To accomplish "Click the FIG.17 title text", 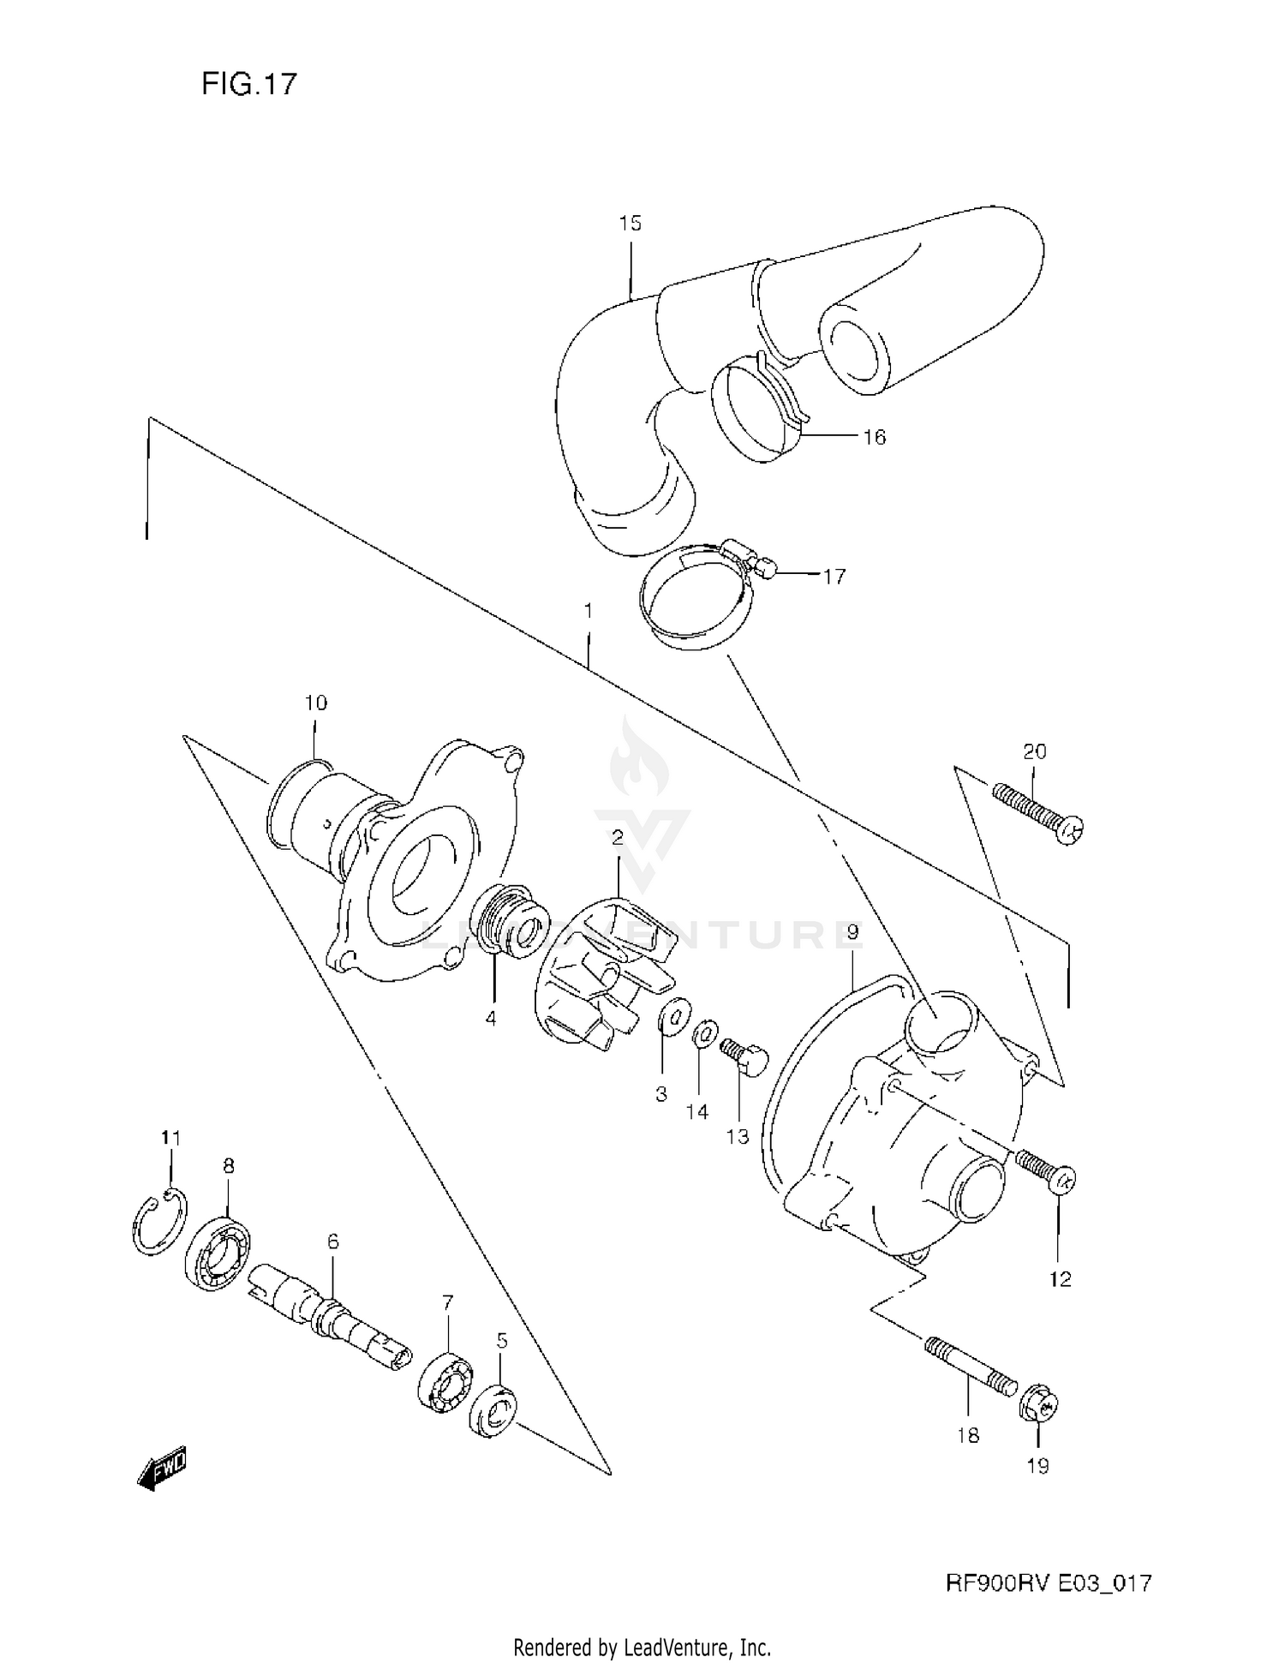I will point(249,84).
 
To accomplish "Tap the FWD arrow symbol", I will point(162,1470).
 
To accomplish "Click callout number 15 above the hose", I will point(630,224).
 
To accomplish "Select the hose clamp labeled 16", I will point(756,408).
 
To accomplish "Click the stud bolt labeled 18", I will point(968,1367).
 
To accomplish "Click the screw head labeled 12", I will point(1061,1181).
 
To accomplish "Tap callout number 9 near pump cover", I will point(852,931).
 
